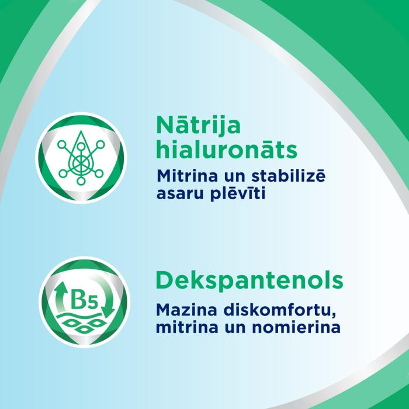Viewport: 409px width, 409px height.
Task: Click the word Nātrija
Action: tap(198, 125)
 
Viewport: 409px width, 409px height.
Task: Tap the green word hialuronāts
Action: tap(227, 150)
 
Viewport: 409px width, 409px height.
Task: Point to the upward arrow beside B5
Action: tap(60, 298)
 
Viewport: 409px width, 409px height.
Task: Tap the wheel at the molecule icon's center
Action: tap(81, 158)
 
